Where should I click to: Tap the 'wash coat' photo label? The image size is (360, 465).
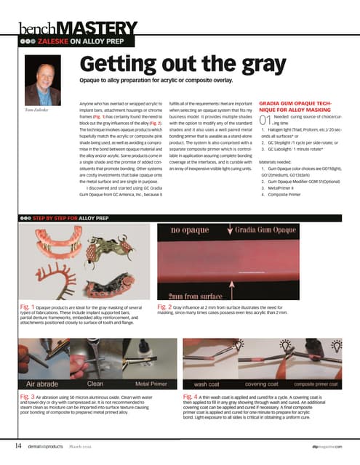tap(209, 382)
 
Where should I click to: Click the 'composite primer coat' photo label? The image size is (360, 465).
tap(321, 382)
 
